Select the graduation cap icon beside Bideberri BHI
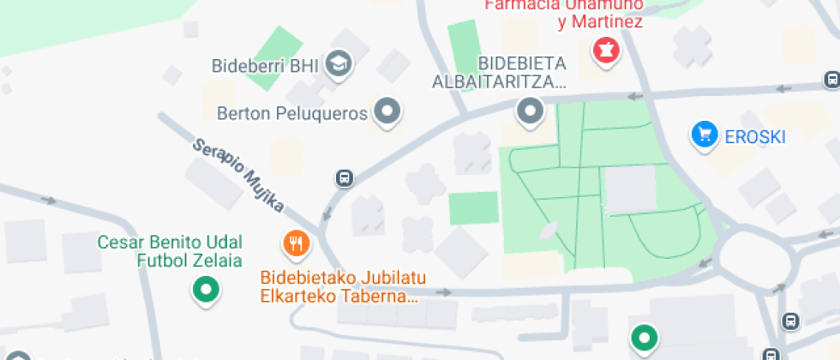click(340, 63)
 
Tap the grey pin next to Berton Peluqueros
click(389, 111)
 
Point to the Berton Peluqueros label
click(292, 112)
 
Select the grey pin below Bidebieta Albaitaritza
click(531, 111)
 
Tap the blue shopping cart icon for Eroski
click(705, 135)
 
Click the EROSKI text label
click(754, 135)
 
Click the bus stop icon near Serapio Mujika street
click(344, 178)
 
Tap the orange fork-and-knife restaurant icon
click(296, 243)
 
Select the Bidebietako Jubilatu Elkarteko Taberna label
click(343, 288)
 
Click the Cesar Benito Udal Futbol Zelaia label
click(170, 250)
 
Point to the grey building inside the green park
click(630, 189)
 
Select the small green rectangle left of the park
click(473, 208)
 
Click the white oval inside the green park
click(548, 229)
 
